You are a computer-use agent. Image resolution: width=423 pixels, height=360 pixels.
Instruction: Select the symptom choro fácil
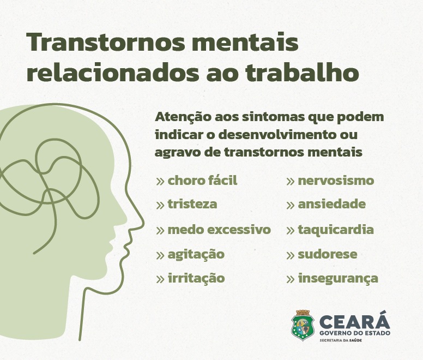point(202,181)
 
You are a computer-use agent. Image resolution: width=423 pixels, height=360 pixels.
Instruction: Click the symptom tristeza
point(192,204)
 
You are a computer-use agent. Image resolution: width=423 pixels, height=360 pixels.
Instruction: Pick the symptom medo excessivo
point(219,230)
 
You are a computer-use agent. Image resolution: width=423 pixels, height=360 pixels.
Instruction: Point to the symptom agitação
point(196,254)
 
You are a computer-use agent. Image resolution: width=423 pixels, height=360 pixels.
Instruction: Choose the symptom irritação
point(196,278)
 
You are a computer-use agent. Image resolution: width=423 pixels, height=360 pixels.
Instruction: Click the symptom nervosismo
point(336,181)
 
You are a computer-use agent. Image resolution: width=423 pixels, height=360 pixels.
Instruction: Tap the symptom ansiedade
point(332,204)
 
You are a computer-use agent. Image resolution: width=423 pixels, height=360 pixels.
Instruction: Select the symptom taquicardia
point(336,230)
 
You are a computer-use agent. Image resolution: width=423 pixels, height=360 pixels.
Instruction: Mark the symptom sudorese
point(328,254)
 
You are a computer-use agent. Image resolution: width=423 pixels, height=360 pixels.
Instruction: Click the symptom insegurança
point(338,279)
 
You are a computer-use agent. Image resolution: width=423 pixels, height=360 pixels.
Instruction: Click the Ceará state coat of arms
point(303,325)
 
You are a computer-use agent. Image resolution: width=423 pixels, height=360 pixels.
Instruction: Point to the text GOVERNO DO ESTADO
point(355,333)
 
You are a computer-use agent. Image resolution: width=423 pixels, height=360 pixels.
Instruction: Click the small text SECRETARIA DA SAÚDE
point(341,340)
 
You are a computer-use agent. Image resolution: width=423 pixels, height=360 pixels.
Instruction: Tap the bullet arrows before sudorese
point(291,255)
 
